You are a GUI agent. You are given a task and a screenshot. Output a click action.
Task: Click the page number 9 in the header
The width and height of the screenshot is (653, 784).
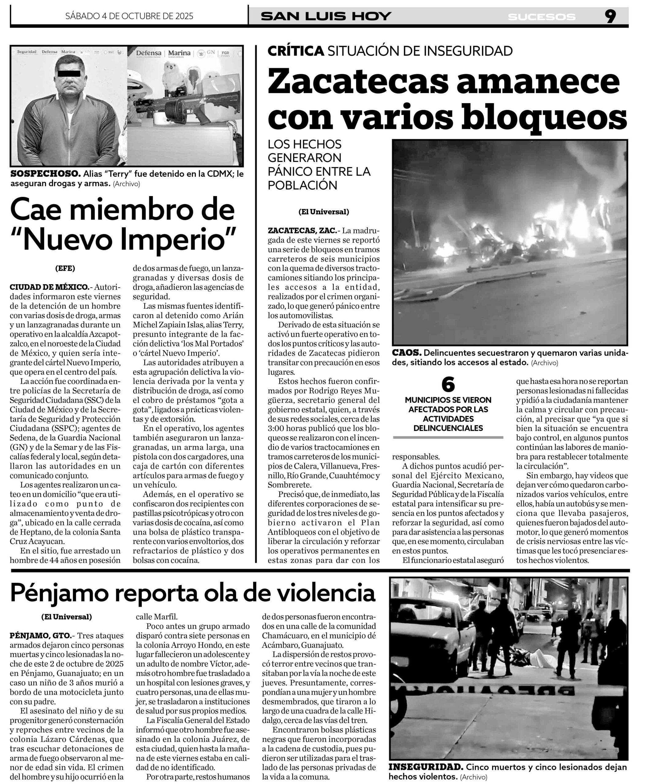pos(610,17)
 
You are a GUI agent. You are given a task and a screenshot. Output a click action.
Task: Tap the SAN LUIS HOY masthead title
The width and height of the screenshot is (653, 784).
pos(326,17)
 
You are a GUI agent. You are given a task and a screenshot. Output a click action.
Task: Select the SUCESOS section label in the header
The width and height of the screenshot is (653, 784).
pos(542,17)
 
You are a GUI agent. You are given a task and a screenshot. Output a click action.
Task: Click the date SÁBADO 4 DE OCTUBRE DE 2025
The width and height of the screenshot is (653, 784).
pos(129,16)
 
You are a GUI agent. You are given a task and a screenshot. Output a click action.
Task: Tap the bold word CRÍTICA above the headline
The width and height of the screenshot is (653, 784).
pos(295,51)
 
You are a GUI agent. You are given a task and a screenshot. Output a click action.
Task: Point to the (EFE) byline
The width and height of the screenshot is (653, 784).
pos(65,268)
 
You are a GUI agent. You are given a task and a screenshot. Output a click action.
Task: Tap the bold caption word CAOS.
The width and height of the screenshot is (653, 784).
pos(406,353)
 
